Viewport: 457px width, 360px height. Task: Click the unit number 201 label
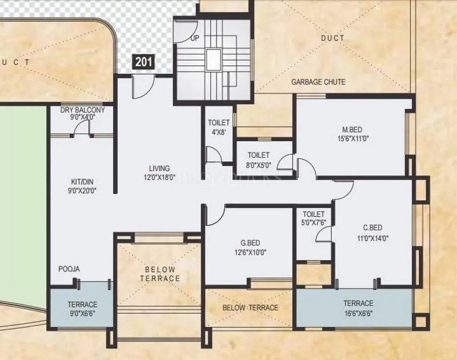pos(144,62)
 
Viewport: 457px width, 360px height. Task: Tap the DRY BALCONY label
pos(83,110)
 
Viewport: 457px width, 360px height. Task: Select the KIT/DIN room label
pos(79,182)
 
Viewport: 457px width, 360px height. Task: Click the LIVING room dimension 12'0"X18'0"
pos(159,177)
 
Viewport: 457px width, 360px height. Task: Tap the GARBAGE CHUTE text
pos(318,82)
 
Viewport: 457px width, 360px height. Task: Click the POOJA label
pos(69,269)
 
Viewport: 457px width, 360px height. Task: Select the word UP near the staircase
pos(195,39)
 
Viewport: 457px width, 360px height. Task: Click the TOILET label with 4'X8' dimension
pos(219,123)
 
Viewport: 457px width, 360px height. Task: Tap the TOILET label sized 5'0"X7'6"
pos(313,214)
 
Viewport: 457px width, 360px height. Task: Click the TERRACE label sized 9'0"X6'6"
pos(82,304)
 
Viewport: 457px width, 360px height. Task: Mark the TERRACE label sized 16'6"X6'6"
pos(358,303)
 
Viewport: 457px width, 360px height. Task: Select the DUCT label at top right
pos(332,38)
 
